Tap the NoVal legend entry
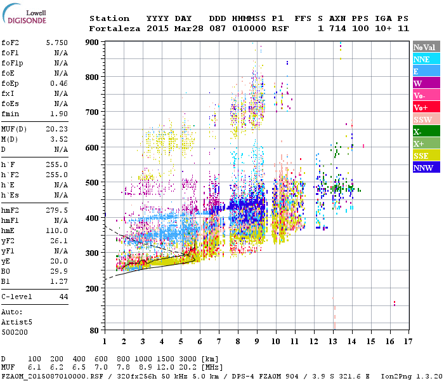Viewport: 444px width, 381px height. tap(426, 47)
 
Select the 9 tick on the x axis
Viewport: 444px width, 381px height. tap(257, 341)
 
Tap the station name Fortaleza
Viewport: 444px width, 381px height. tap(115, 29)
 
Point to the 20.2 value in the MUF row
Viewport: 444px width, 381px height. tap(189, 367)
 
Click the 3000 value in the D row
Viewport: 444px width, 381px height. tap(189, 359)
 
